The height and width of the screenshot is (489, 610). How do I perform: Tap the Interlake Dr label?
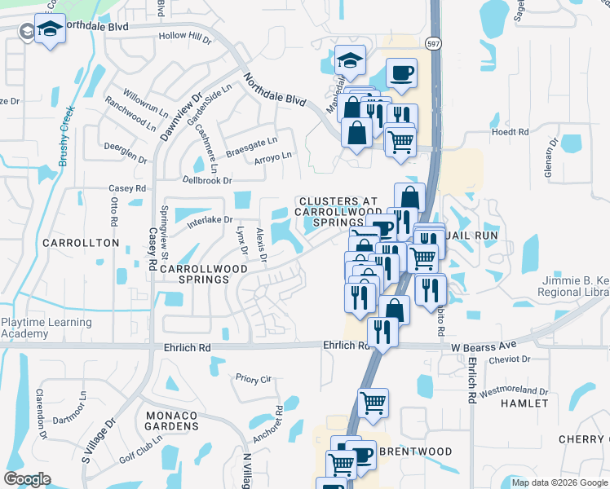(x=210, y=220)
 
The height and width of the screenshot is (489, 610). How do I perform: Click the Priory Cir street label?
(x=253, y=379)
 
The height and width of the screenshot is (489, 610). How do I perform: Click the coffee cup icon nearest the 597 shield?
(x=401, y=73)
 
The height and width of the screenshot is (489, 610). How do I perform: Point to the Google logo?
(x=27, y=479)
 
